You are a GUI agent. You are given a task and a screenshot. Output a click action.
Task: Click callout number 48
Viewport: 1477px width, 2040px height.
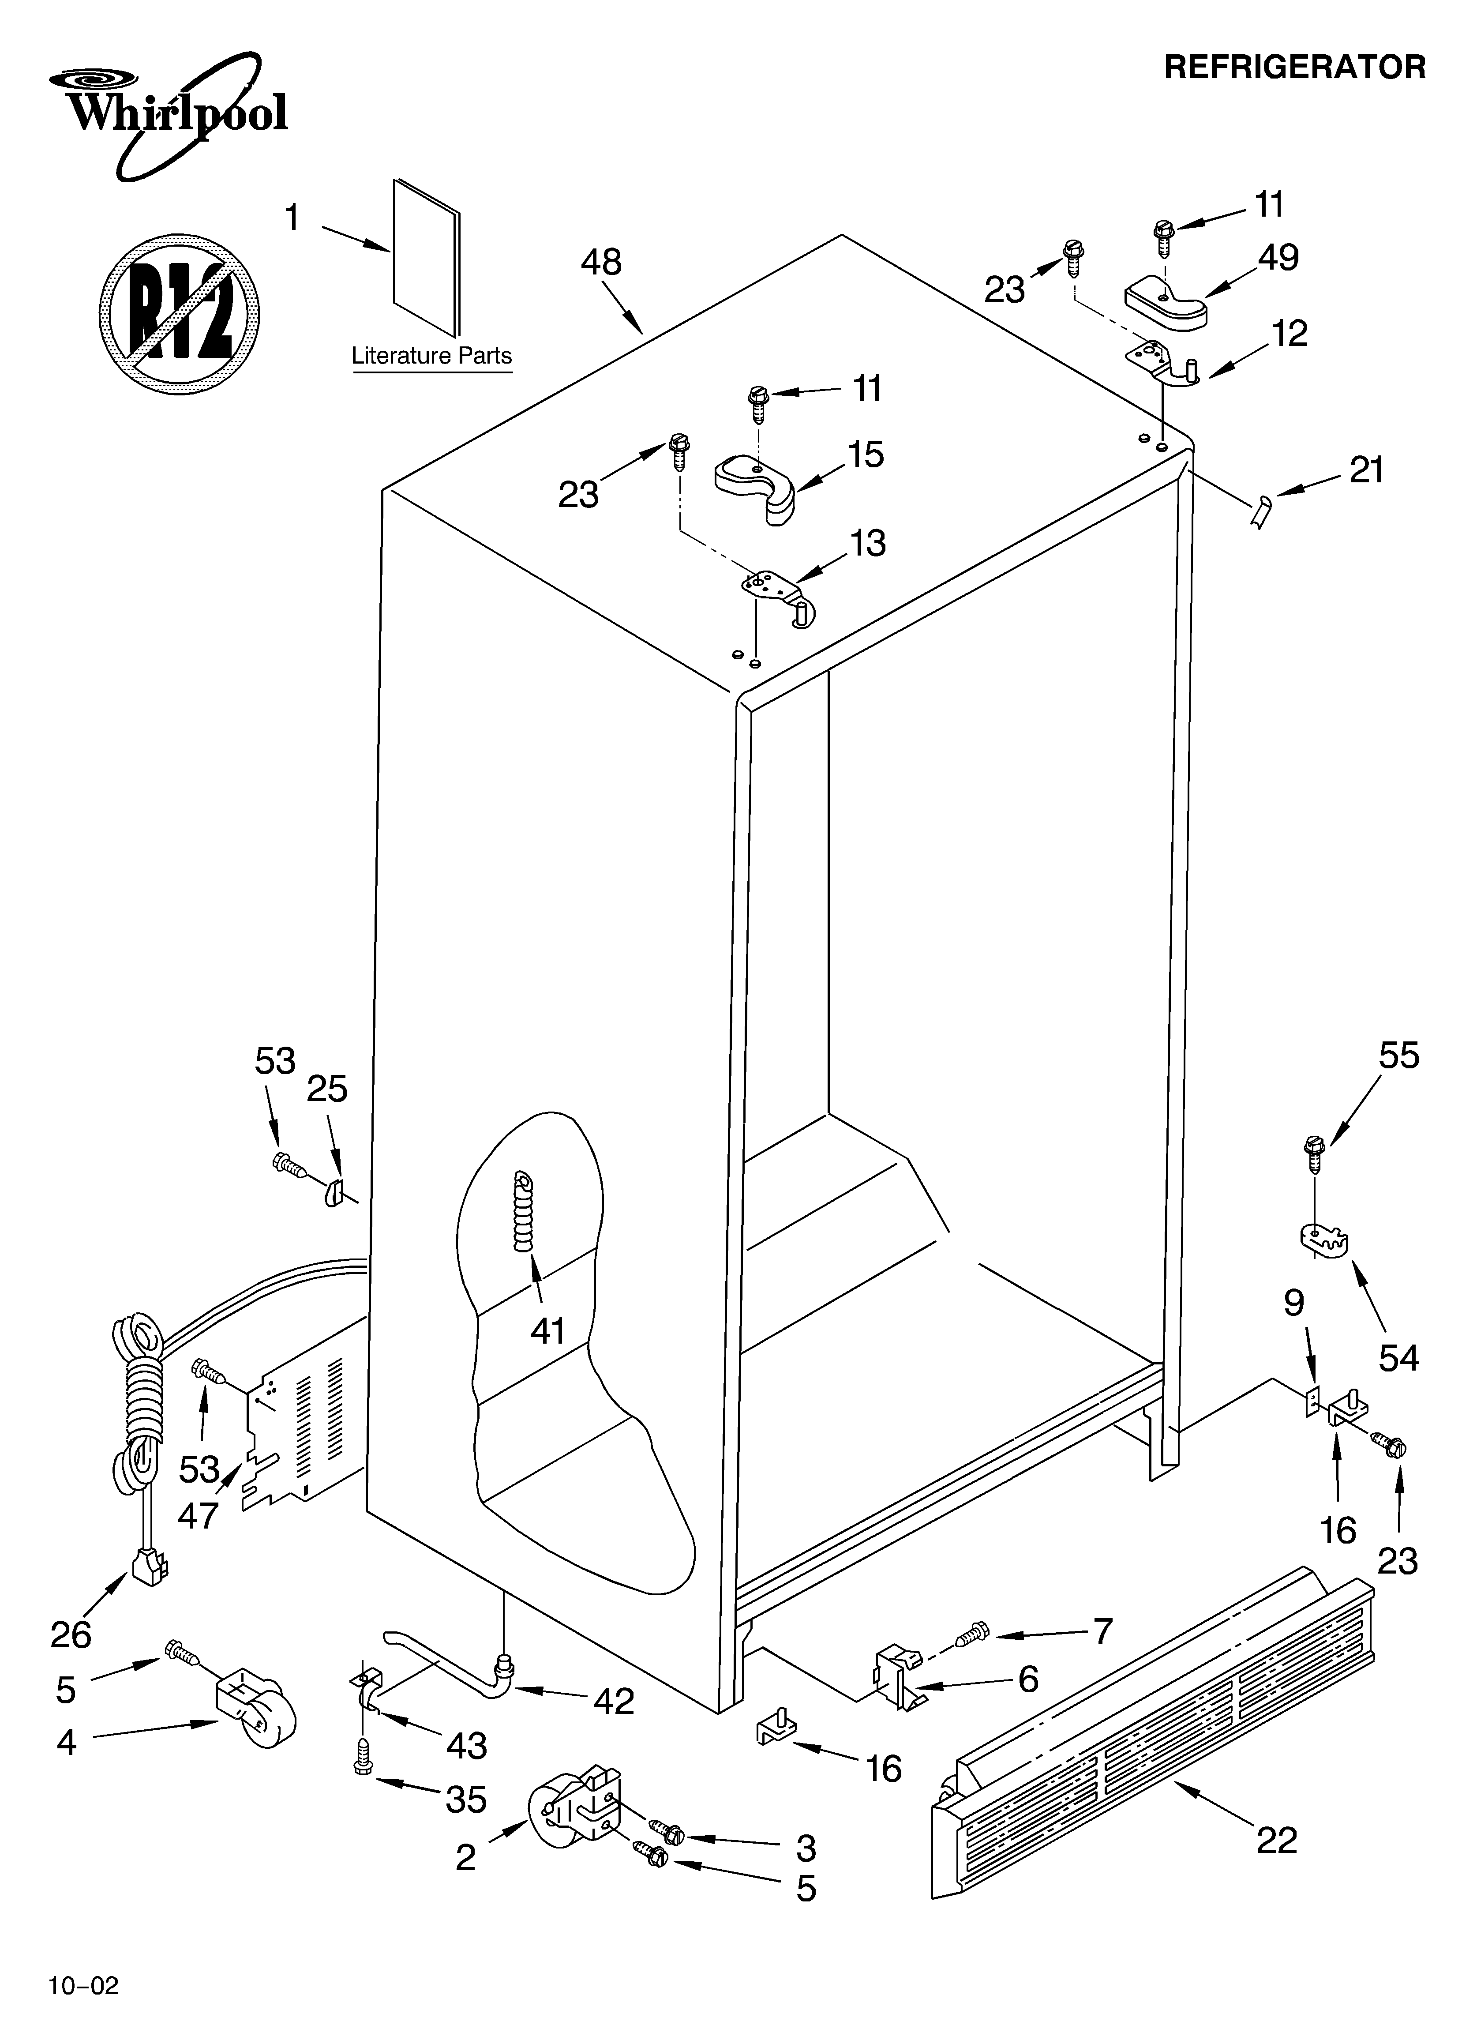[601, 263]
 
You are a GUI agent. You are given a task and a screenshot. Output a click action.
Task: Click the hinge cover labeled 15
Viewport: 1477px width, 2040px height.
[759, 486]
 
